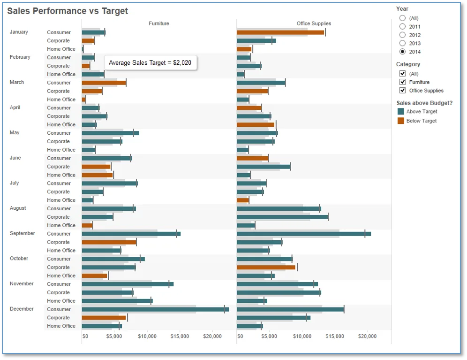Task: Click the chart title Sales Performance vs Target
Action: tap(68, 11)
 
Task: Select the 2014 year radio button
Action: tap(402, 52)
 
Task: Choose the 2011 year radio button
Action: tap(402, 27)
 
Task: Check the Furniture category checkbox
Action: tap(402, 82)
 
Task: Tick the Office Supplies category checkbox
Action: tap(402, 91)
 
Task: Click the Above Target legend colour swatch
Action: tap(401, 112)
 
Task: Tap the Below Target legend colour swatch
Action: tap(401, 121)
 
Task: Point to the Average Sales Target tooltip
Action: tap(151, 62)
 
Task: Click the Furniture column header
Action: tap(159, 23)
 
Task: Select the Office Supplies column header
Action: tap(314, 23)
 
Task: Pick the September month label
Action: tap(23, 233)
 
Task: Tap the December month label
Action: tap(22, 309)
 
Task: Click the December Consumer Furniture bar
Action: tap(156, 309)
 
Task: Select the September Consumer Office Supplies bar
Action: tap(304, 234)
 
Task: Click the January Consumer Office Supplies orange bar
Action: tap(280, 32)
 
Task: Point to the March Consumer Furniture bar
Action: tap(104, 83)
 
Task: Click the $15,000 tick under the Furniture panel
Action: tap(180, 337)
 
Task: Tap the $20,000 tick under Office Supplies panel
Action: tap(367, 337)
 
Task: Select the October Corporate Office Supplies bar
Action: tap(266, 267)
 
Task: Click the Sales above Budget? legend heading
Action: tap(424, 103)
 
